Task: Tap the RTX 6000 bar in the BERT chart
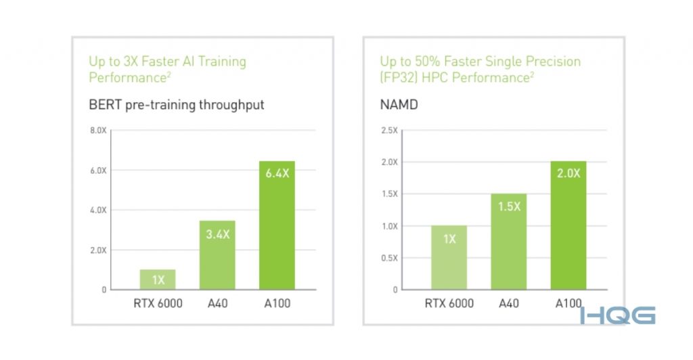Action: [x=158, y=279]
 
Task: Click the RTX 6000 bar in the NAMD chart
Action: [x=449, y=257]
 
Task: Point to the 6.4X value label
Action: [x=277, y=173]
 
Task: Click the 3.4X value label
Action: [x=218, y=234]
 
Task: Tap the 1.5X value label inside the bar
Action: [x=509, y=206]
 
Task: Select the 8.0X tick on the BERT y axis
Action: [x=98, y=130]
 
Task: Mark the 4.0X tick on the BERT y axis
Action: [x=98, y=210]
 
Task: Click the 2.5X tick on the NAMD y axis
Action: [x=389, y=130]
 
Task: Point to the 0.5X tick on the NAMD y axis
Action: [x=389, y=258]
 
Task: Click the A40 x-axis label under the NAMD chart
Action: [x=509, y=303]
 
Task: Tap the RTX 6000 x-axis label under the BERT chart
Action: [x=158, y=303]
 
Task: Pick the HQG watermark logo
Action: [x=617, y=315]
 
